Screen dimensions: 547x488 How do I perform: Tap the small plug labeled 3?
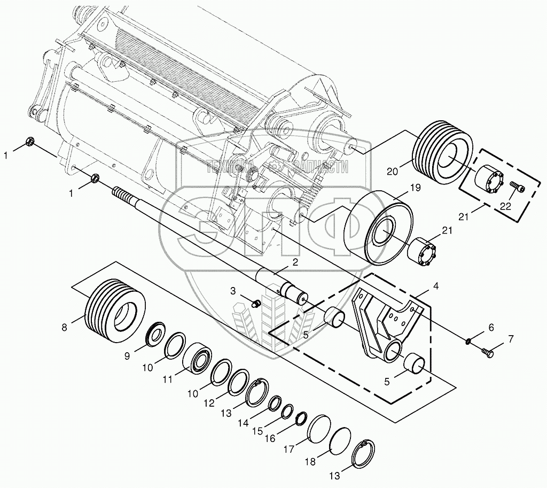pyautogui.click(x=255, y=304)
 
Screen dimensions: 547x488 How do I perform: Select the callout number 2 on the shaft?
pyautogui.click(x=294, y=262)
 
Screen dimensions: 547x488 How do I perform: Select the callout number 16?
pyautogui.click(x=270, y=438)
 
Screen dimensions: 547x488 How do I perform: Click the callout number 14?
pyautogui.click(x=244, y=422)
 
